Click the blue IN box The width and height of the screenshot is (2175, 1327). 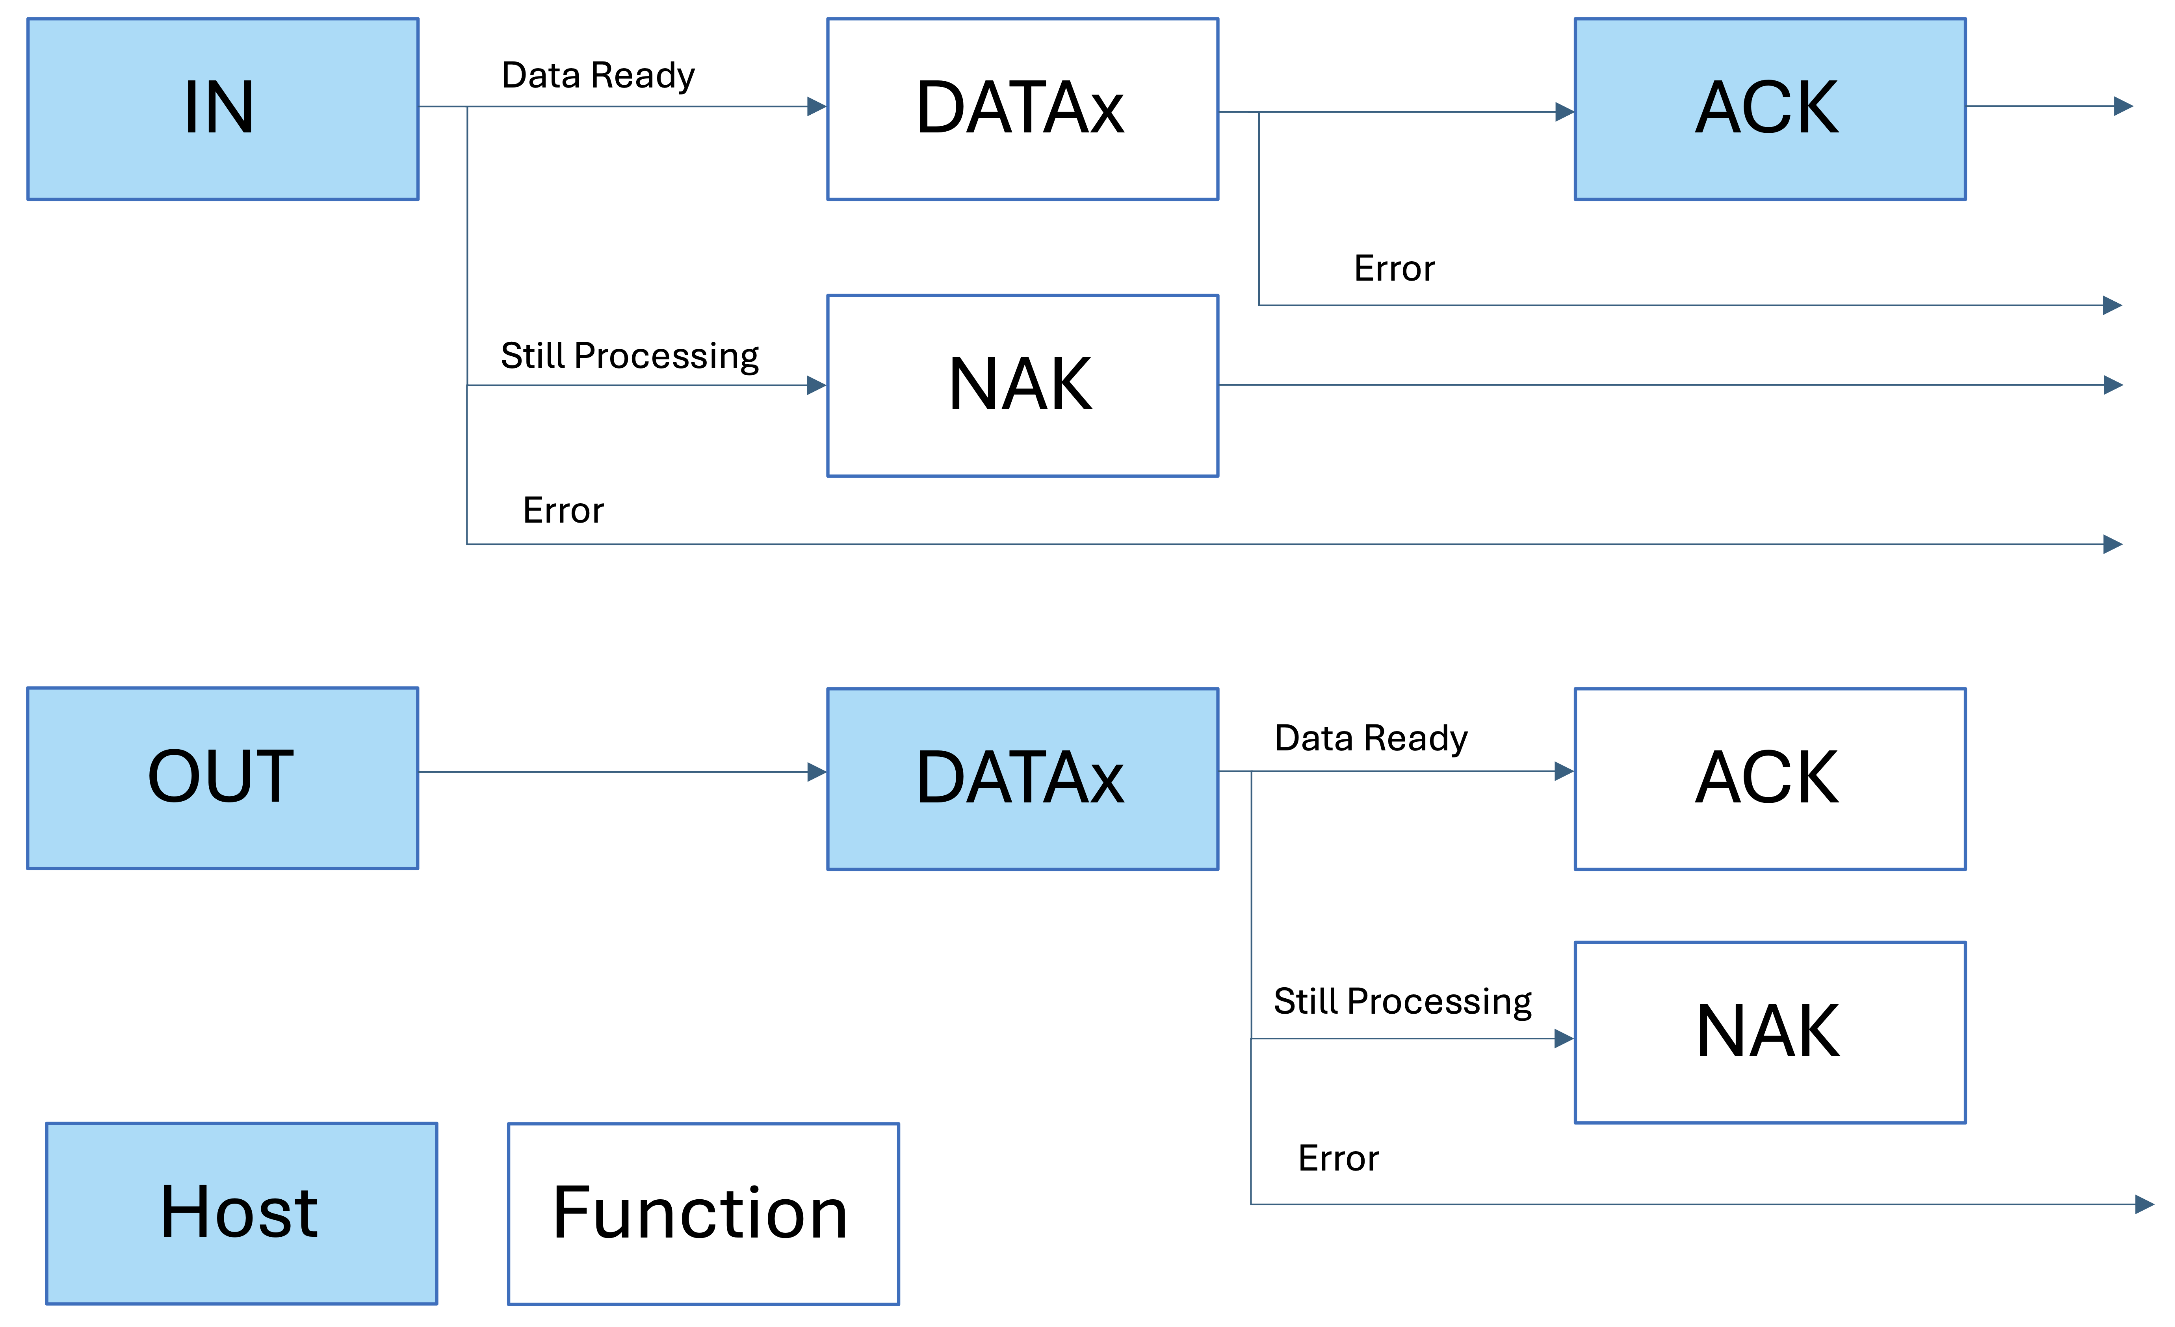pyautogui.click(x=223, y=109)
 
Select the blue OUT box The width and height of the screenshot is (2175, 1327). pyautogui.click(x=223, y=778)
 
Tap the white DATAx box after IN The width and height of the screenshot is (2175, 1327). pyautogui.click(x=1022, y=109)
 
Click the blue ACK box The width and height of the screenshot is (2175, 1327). pyautogui.click(x=1770, y=109)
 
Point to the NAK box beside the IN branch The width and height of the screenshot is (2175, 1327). pyautogui.click(x=1022, y=386)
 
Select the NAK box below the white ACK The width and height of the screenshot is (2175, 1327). pyautogui.click(x=1770, y=1032)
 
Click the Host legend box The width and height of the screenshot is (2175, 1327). pyautogui.click(x=241, y=1213)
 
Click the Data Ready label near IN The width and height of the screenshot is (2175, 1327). pyautogui.click(x=598, y=76)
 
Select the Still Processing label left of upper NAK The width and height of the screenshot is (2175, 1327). pyautogui.click(x=630, y=356)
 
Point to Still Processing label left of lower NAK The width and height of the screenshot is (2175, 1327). pyautogui.click(x=1402, y=1001)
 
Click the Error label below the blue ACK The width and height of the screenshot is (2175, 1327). pyautogui.click(x=1394, y=268)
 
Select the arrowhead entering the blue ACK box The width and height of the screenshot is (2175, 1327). pyautogui.click(x=1564, y=112)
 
